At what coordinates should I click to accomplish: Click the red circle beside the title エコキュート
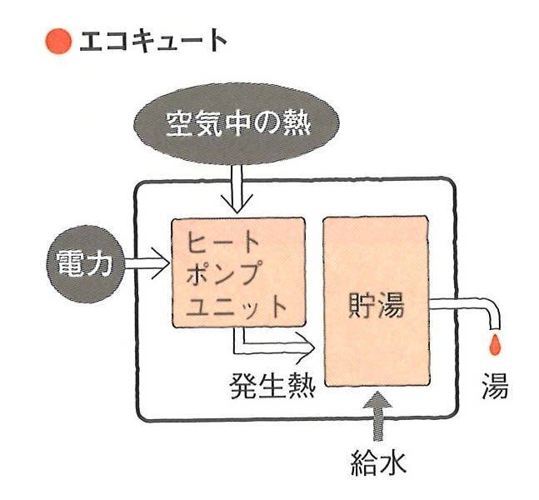coord(59,42)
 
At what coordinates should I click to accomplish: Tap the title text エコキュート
coord(153,41)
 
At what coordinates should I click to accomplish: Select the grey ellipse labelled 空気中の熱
coord(237,123)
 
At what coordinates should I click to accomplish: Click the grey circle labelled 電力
coord(86,264)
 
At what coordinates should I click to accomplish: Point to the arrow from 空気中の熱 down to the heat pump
coord(237,189)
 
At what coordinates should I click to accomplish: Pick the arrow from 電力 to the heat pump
coord(147,263)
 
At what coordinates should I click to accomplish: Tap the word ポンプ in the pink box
coord(222,272)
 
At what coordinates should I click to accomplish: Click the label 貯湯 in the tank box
coord(376,306)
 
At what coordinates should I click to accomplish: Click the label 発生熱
coord(272,386)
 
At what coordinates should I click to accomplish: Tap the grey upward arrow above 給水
coord(377,416)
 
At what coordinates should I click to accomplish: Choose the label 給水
coord(378,462)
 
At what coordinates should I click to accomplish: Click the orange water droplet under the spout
coord(495,344)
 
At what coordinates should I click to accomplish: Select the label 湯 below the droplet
coord(495,386)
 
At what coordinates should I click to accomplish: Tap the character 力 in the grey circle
coord(99,264)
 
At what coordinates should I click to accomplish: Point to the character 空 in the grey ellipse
coord(179,123)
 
